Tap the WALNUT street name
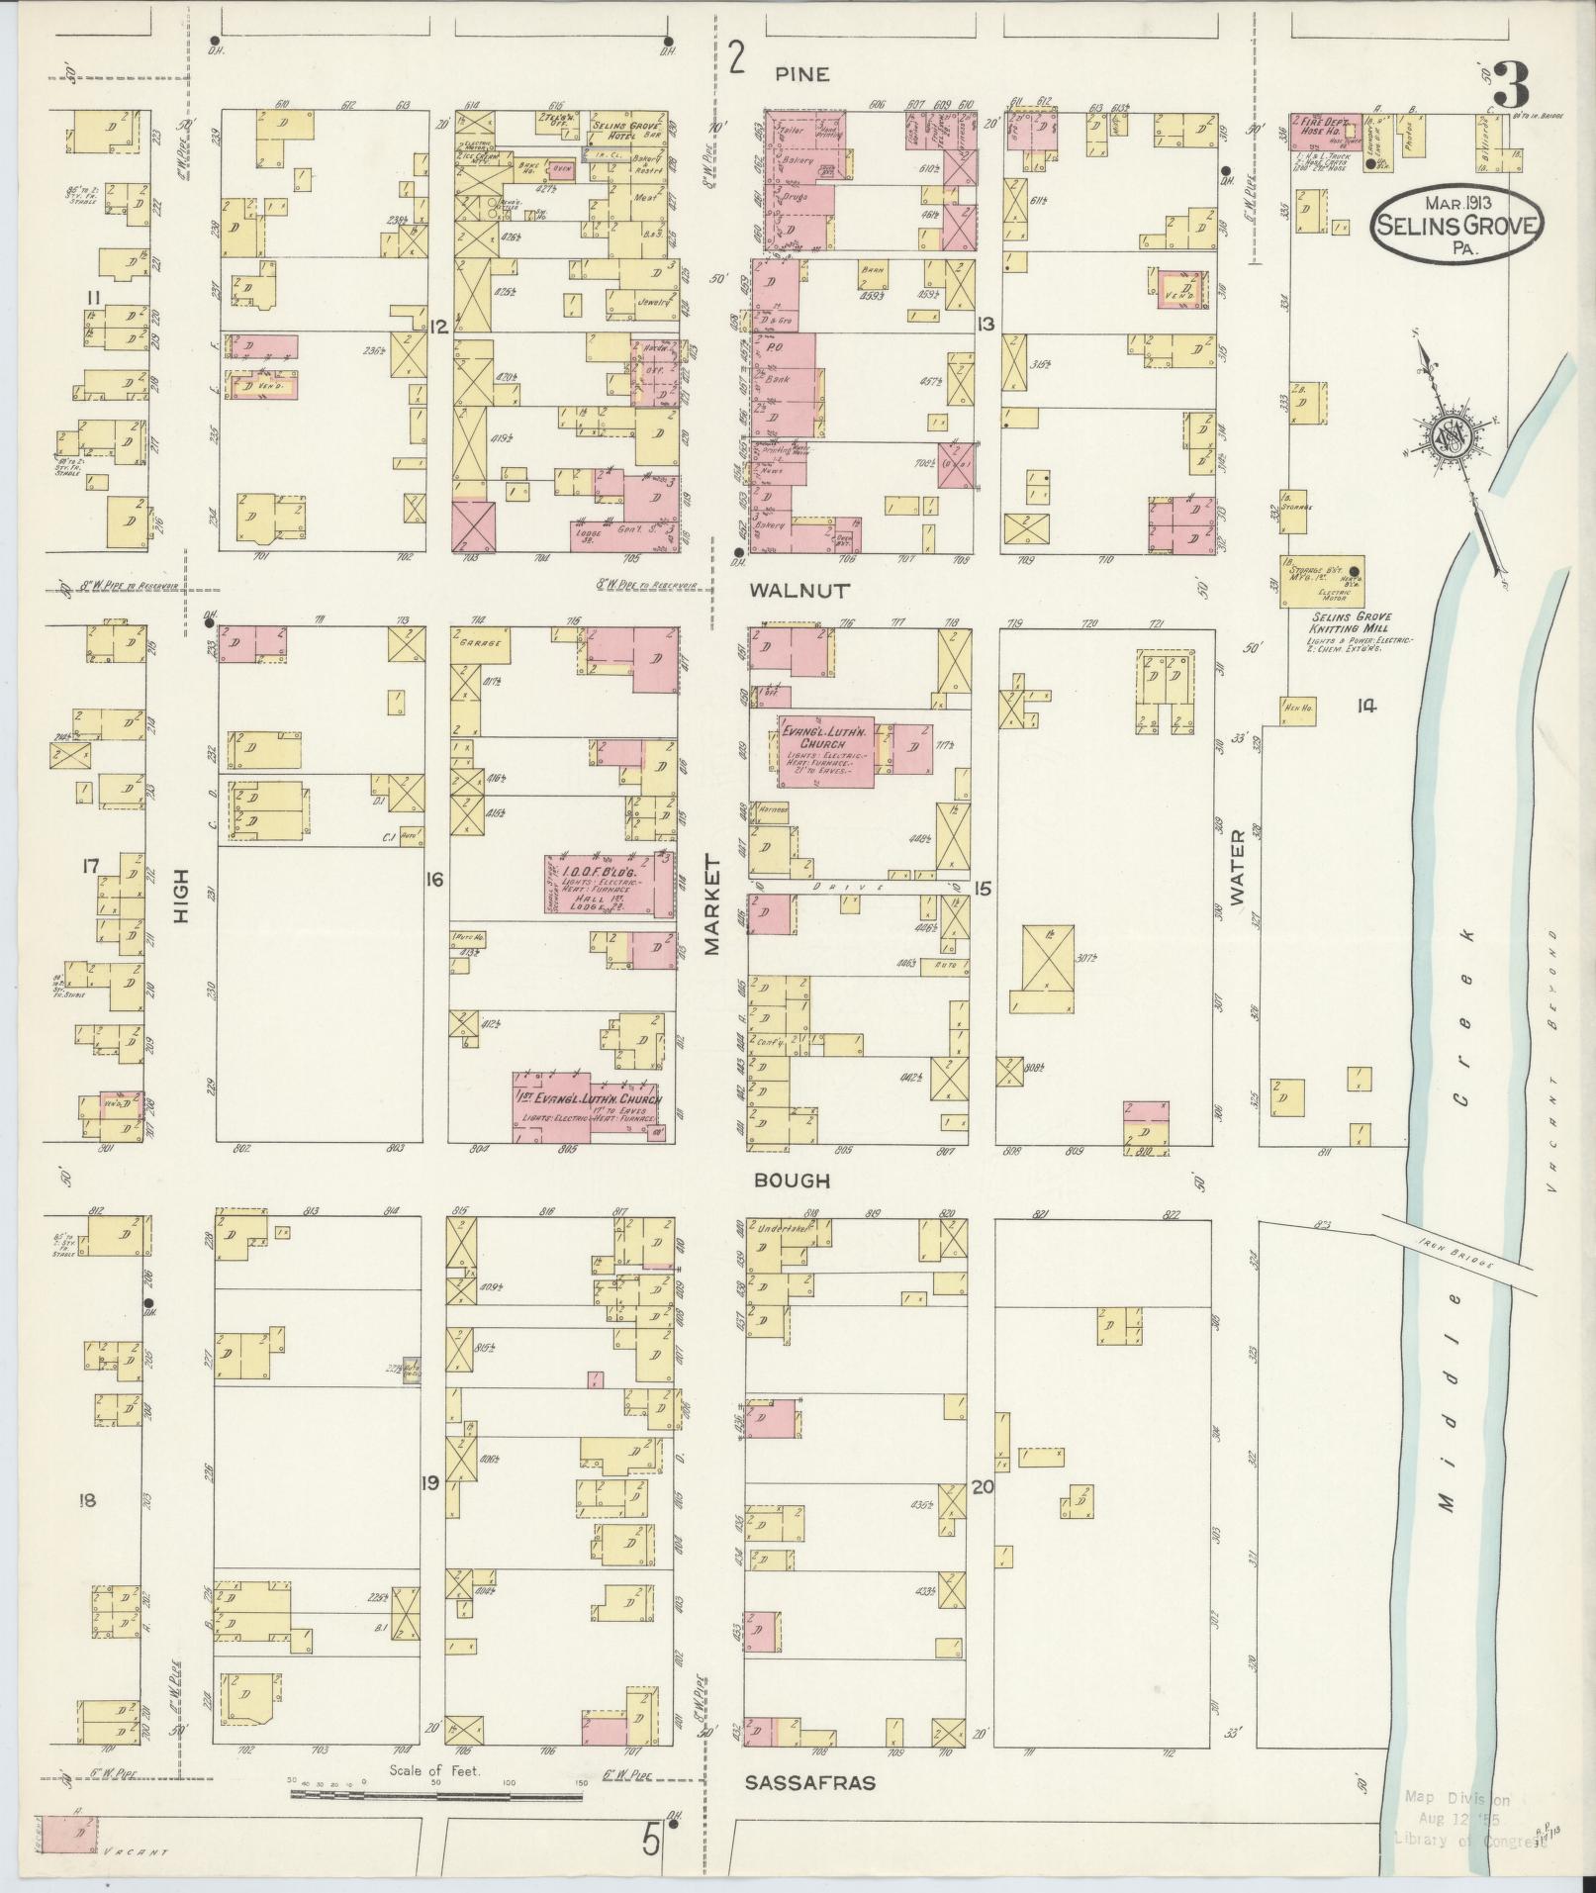tap(800, 591)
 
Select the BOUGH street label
tap(791, 1181)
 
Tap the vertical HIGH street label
tap(181, 901)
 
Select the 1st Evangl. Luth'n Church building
tap(588, 1106)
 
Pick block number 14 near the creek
tap(1366, 706)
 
